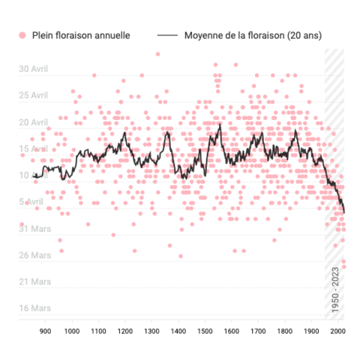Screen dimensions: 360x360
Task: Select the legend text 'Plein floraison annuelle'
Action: [x=79, y=35]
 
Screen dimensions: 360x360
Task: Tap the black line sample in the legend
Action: [x=167, y=35]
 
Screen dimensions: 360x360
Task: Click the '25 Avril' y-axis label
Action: [x=34, y=96]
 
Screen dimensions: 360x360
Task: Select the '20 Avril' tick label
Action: [x=34, y=123]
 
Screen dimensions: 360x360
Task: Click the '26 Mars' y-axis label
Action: [x=34, y=255]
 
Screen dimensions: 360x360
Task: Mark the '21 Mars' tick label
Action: [x=34, y=282]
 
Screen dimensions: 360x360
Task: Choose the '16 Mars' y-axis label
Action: [x=34, y=308]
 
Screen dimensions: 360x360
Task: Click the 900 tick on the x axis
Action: [x=45, y=330]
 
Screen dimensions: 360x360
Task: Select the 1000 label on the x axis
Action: [x=72, y=330]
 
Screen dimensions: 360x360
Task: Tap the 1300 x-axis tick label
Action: [x=151, y=330]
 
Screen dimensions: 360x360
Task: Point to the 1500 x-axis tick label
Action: [x=205, y=330]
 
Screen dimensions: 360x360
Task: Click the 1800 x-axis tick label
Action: [x=284, y=330]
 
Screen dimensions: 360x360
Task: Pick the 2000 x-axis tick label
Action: [x=337, y=330]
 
